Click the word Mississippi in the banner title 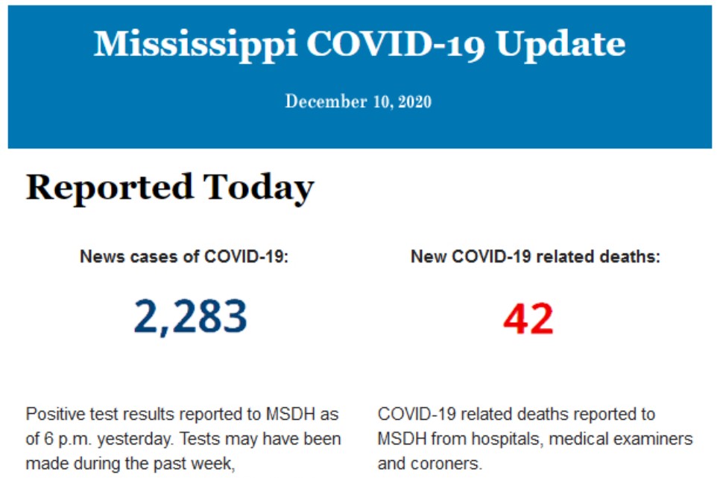(195, 44)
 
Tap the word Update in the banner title (560, 44)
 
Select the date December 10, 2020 (358, 101)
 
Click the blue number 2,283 (190, 316)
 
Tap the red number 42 (528, 318)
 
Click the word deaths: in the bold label (632, 257)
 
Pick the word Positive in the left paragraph (51, 414)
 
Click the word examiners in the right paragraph (658, 438)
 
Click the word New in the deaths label (426, 257)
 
